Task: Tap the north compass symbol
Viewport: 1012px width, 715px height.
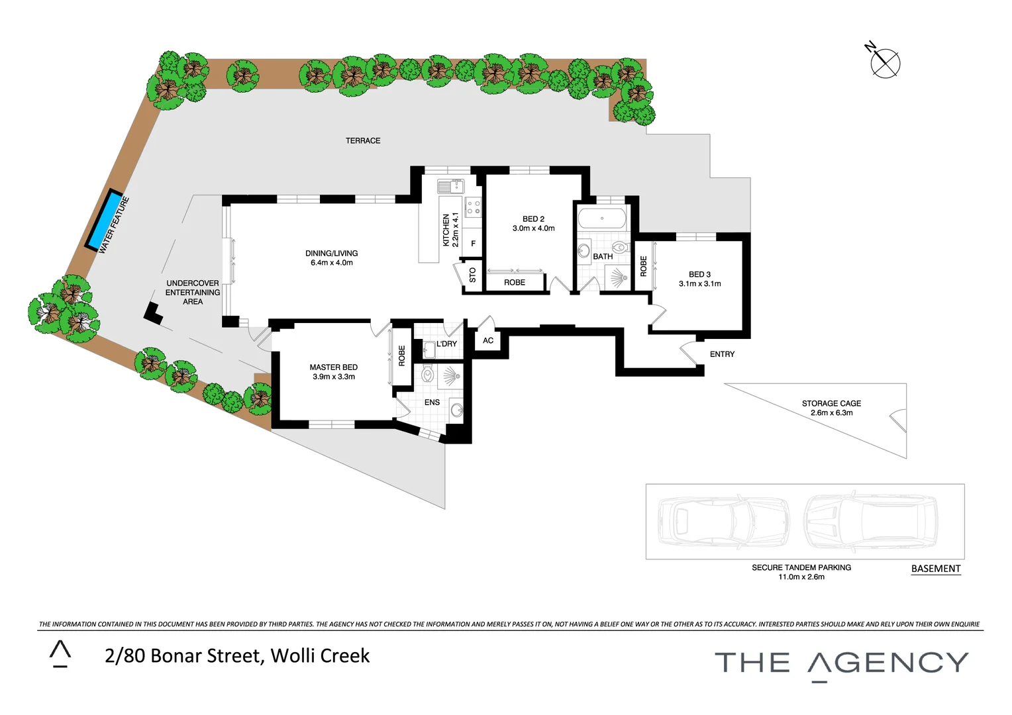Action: click(x=885, y=64)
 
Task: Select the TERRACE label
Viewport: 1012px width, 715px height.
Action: click(x=363, y=140)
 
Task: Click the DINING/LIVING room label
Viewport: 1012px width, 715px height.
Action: click(x=331, y=254)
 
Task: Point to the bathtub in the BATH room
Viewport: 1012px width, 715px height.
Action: click(x=601, y=218)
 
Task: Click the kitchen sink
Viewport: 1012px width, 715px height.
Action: click(x=452, y=186)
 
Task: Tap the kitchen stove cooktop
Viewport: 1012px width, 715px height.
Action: click(x=473, y=208)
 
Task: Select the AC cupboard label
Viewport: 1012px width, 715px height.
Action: click(x=488, y=341)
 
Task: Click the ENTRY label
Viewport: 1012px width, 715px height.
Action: click(x=722, y=354)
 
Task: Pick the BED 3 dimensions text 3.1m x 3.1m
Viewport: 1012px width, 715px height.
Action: click(x=699, y=284)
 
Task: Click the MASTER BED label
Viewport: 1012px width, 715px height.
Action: click(x=334, y=367)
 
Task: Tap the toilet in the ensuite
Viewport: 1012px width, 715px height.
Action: click(x=428, y=375)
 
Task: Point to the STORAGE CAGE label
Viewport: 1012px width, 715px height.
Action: click(x=831, y=403)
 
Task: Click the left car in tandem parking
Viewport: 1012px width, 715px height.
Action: click(x=723, y=521)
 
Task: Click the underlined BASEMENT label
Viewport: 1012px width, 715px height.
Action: click(x=935, y=569)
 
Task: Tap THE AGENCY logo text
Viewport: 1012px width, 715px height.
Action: click(x=841, y=663)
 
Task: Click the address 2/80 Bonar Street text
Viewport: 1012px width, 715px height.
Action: click(x=237, y=655)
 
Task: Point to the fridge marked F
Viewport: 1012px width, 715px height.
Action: click(x=473, y=244)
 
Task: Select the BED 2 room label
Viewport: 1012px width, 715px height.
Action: click(x=533, y=219)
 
